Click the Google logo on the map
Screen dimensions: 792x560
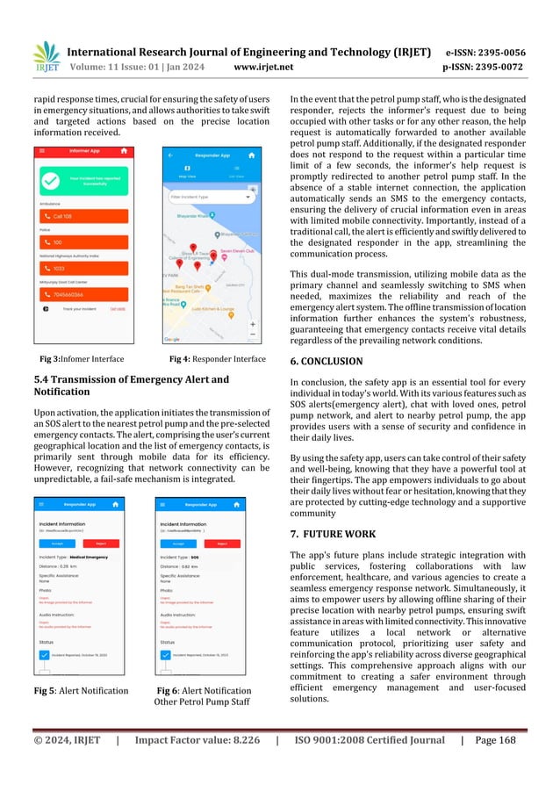point(173,338)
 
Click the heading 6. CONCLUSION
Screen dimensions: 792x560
point(326,361)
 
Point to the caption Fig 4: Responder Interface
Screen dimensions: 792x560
point(217,359)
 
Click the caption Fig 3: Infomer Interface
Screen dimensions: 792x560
point(82,359)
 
